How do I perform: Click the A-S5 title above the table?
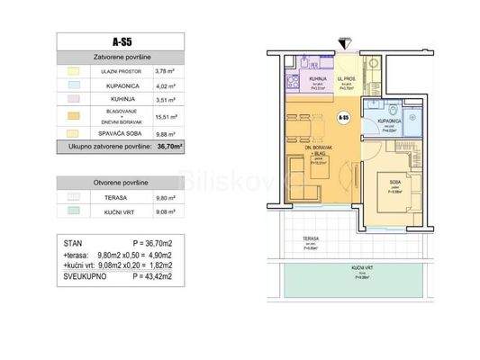pyautogui.click(x=119, y=40)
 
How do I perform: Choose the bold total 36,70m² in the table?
pyautogui.click(x=168, y=145)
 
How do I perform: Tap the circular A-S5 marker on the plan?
pyautogui.click(x=343, y=118)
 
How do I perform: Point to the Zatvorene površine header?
pyautogui.click(x=119, y=56)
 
